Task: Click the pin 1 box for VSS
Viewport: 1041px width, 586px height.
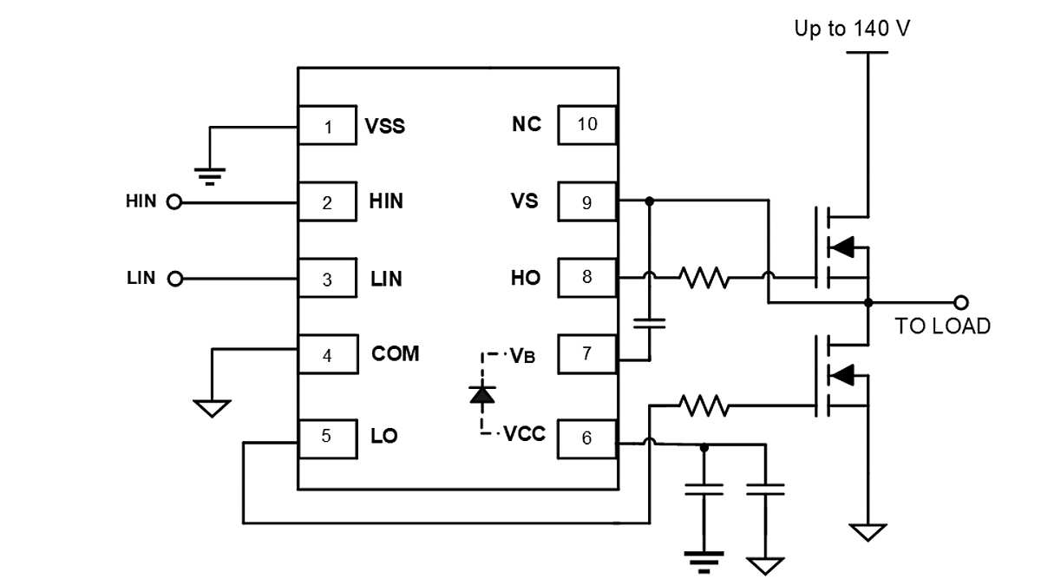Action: coord(327,127)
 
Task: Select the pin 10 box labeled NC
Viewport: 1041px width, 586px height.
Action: coord(586,124)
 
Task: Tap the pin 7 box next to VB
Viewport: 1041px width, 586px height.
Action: coord(586,354)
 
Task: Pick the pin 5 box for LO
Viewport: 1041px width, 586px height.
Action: coord(327,437)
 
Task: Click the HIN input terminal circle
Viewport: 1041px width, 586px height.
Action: coord(173,202)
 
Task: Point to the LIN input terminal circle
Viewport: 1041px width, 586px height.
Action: coord(174,280)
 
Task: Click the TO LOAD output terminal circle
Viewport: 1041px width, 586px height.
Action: coord(960,302)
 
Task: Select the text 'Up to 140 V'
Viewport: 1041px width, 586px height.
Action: coord(852,29)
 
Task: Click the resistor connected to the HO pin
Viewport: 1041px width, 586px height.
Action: coord(704,279)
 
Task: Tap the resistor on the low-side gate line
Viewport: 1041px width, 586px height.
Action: coord(704,405)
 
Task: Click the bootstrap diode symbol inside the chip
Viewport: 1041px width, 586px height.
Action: coord(482,394)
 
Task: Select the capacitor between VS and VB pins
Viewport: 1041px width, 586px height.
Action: coord(649,323)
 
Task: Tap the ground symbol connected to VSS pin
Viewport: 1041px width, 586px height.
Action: coord(210,176)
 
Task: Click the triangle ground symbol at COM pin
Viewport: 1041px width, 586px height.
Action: coord(212,407)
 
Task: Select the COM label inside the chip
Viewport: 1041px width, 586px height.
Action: coord(395,354)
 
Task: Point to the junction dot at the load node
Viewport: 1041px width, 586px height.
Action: coord(868,302)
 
